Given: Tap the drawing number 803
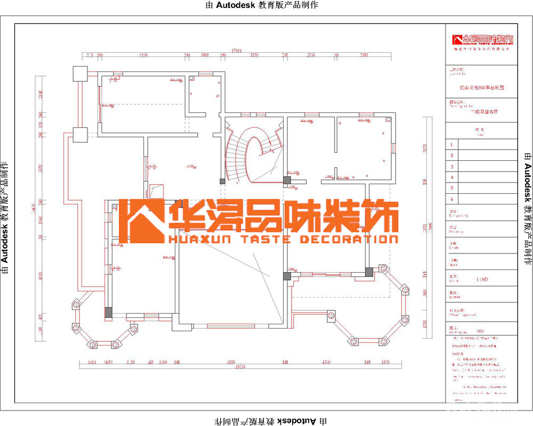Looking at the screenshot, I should click(x=480, y=331).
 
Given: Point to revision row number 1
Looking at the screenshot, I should click(x=452, y=144).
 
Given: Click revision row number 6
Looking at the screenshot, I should click(x=452, y=199).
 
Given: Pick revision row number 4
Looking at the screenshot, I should click(x=452, y=177).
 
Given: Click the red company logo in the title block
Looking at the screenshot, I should click(x=482, y=40).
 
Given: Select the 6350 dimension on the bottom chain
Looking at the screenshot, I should click(x=230, y=362).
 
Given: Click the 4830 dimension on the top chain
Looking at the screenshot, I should click(x=143, y=55).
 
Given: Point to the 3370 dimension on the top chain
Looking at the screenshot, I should click(x=254, y=55).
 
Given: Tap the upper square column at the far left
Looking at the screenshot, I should click(x=80, y=73).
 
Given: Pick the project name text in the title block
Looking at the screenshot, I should click(x=481, y=87).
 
